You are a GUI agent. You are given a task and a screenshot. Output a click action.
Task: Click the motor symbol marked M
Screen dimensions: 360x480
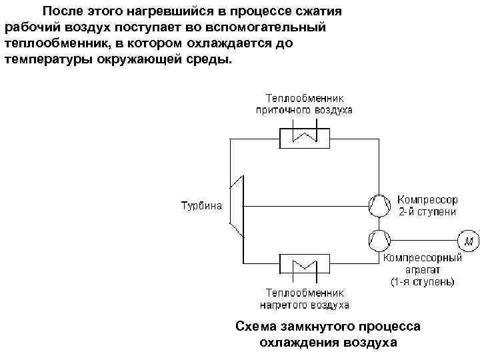coord(467,239)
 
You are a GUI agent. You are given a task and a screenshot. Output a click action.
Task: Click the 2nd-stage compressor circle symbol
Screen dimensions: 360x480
coord(377,205)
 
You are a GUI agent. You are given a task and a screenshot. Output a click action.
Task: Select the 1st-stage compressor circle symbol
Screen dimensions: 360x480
coord(377,239)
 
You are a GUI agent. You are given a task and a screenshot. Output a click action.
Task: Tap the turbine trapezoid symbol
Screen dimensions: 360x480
coord(238,205)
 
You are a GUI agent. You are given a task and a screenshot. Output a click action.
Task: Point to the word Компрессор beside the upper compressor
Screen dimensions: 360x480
coord(427,199)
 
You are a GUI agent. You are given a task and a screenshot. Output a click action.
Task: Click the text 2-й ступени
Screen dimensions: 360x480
coord(427,211)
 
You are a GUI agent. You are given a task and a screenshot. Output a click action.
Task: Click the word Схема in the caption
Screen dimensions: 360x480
coord(254,327)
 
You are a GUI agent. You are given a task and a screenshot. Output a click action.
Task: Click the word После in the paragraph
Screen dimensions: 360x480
coord(63,11)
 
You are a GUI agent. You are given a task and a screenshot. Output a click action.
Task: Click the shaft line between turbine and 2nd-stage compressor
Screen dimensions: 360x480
coord(307,205)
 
